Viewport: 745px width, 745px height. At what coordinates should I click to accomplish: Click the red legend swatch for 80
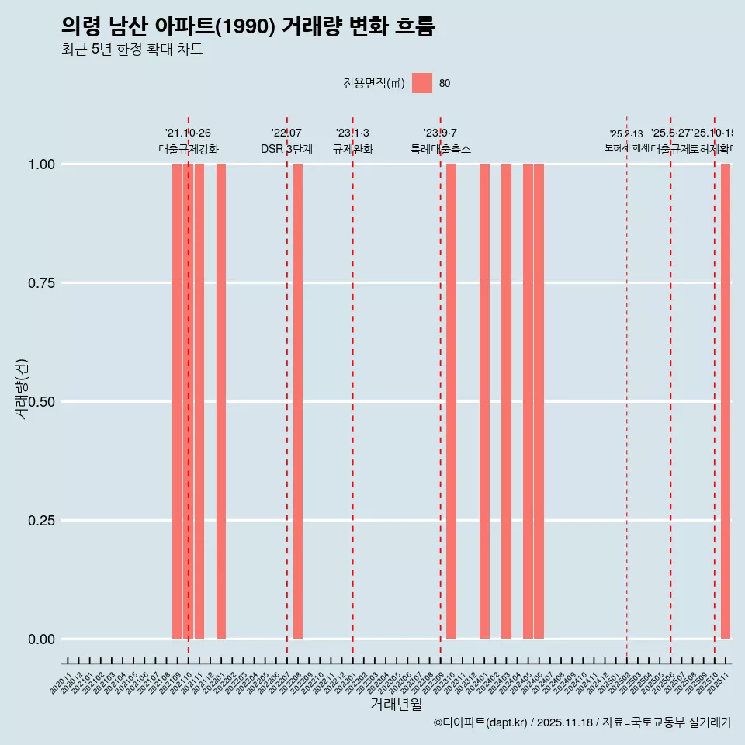(422, 83)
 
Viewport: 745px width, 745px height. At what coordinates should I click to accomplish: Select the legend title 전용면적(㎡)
(374, 84)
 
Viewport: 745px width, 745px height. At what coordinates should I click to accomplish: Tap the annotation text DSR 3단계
(286, 149)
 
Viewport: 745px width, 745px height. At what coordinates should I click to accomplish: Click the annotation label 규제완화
(353, 149)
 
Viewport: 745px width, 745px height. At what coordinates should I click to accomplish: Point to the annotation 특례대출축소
(441, 149)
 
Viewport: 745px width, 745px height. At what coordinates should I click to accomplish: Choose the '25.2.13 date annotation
(626, 134)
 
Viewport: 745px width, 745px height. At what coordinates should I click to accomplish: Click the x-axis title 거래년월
(397, 705)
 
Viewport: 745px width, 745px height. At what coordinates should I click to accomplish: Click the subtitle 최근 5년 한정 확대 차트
(132, 50)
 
